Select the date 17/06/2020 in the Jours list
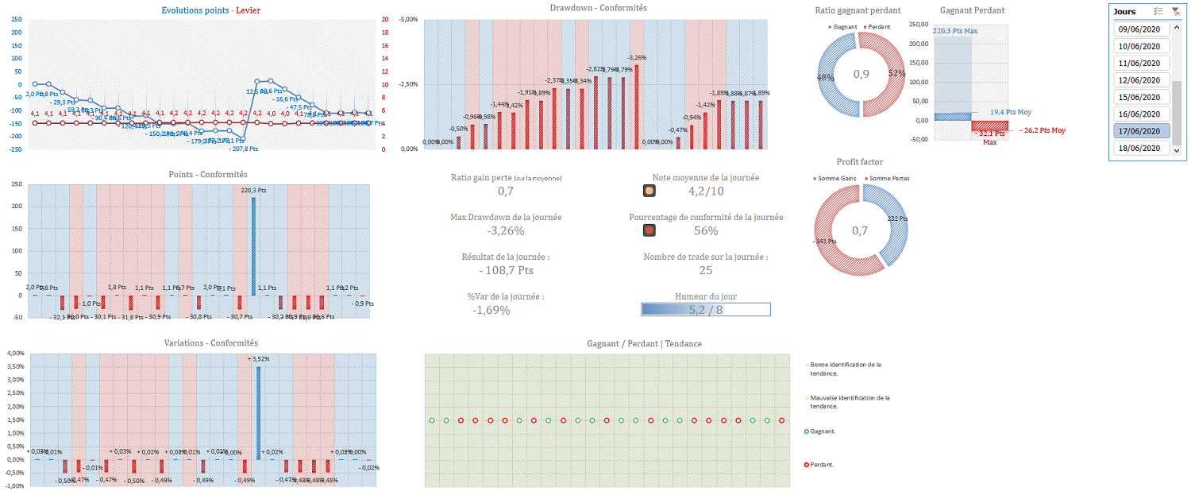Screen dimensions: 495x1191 click(1139, 131)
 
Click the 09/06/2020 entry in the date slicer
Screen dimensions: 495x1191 click(1139, 29)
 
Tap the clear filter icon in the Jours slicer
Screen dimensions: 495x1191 click(1175, 11)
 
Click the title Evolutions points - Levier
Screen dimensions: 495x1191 click(210, 10)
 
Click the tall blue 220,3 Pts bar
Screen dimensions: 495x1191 click(253, 246)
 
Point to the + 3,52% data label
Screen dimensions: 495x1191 click(260, 359)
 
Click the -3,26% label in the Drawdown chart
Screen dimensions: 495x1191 click(637, 58)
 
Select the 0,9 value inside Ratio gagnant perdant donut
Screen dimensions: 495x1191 click(861, 74)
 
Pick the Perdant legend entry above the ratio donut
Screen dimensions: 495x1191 click(878, 27)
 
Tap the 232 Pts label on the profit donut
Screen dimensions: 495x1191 click(897, 218)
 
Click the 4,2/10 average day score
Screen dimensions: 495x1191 click(705, 191)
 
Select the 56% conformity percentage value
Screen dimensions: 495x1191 click(706, 231)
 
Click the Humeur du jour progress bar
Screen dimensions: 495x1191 click(705, 310)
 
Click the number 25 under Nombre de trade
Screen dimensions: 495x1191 click(706, 271)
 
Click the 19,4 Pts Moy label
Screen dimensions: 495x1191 click(1008, 113)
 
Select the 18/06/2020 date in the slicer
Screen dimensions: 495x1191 click(1139, 149)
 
